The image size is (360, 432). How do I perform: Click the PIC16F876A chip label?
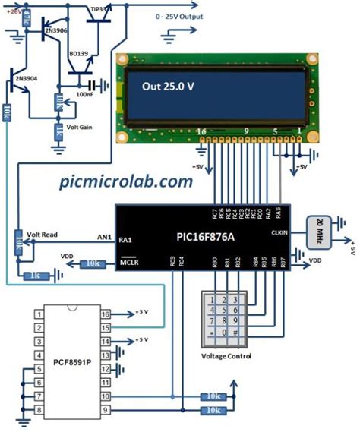coord(199,237)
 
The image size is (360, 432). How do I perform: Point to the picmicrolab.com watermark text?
coord(126,182)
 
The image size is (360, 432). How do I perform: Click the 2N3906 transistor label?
coord(58,30)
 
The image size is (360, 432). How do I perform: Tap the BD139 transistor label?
coord(79,55)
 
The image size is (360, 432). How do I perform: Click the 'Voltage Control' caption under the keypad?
coord(226,356)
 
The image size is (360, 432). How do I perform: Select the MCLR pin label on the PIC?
coord(128,263)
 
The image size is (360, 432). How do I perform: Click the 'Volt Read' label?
coord(43,235)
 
